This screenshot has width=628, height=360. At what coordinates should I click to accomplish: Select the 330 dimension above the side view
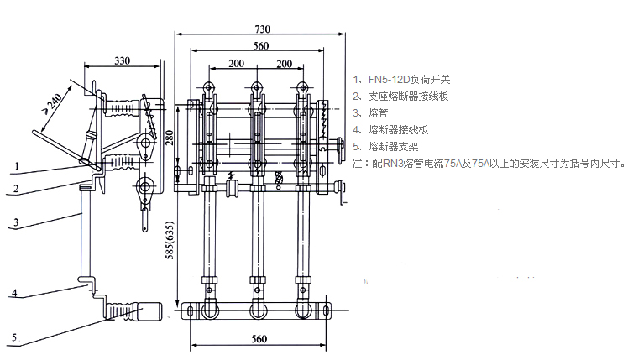click(123, 60)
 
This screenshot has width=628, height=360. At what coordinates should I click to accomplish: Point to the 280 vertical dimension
click(168, 138)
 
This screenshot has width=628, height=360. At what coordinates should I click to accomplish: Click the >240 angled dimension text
click(52, 102)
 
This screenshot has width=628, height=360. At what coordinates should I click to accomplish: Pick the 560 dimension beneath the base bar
click(259, 338)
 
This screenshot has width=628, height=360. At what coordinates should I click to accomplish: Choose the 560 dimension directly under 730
click(261, 45)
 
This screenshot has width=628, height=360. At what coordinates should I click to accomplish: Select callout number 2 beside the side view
click(17, 189)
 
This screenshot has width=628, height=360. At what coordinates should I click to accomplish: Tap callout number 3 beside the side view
click(17, 223)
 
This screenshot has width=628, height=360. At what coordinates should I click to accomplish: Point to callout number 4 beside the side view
click(17, 295)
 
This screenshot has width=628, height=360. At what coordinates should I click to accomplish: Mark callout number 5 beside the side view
click(17, 338)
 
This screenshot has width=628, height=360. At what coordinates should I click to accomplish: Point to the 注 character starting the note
click(356, 164)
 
